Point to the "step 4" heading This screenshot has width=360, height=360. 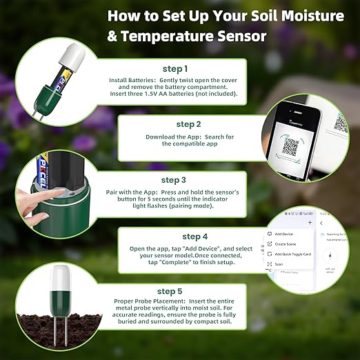point(195,237)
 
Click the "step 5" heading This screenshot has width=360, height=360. point(170,291)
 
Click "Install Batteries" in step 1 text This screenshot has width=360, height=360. point(132,80)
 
